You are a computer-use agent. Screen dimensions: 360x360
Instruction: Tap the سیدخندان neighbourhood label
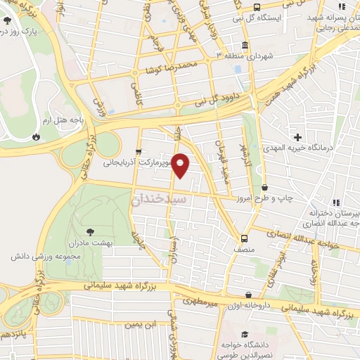[x=160, y=200]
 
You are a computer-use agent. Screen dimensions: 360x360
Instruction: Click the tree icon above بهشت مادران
[x=91, y=231]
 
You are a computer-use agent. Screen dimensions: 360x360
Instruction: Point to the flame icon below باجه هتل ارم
[x=37, y=136]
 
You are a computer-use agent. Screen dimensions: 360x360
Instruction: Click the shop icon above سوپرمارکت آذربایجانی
[x=139, y=150]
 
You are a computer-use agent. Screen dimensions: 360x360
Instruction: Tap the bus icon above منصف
[x=245, y=238]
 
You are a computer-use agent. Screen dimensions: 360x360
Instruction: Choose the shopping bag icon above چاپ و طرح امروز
[x=264, y=187]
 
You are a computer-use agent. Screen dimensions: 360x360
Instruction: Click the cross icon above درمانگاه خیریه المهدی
[x=299, y=136]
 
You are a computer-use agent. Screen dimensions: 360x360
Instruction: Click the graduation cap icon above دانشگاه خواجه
[x=244, y=334]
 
